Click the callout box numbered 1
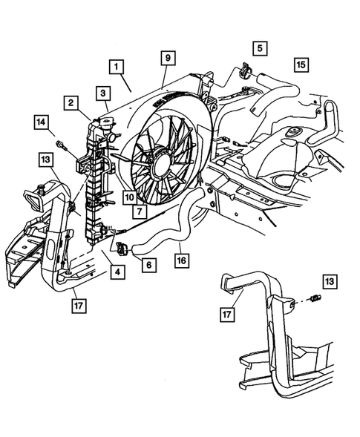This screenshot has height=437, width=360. pyautogui.click(x=117, y=65)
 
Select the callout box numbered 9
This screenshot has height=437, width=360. pyautogui.click(x=168, y=57)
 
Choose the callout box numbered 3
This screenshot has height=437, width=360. pyautogui.click(x=104, y=93)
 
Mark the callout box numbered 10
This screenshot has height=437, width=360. pyautogui.click(x=129, y=197)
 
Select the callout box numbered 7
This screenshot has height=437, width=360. pyautogui.click(x=139, y=211)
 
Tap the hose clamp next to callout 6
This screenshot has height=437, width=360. pyautogui.click(x=125, y=246)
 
